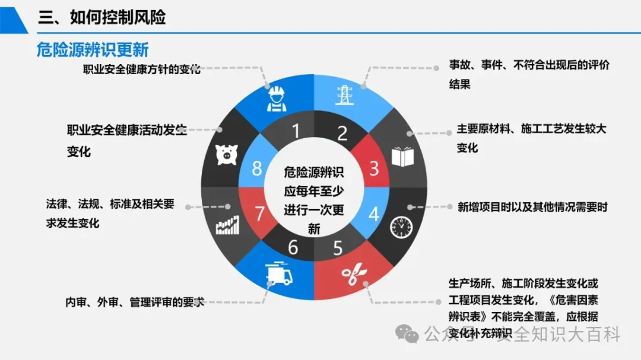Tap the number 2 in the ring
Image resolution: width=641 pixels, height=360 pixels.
[342, 133]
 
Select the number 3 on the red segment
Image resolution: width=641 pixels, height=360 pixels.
[374, 169]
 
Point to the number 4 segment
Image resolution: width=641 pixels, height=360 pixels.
[374, 214]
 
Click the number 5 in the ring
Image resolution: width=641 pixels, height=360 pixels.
[338, 248]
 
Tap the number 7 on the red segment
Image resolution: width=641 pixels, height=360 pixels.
[259, 214]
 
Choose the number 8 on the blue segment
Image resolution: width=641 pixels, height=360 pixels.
[257, 169]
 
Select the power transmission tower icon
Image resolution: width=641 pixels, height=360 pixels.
[344, 94]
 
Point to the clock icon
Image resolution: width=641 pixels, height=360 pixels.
[401, 225]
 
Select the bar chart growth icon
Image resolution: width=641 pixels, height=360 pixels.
[227, 225]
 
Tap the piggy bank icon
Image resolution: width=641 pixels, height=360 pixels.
[226, 154]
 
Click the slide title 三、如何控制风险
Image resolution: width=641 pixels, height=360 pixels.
[102, 18]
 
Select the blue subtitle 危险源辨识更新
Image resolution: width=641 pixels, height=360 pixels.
[93, 50]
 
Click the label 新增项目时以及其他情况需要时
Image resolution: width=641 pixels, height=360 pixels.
[532, 207]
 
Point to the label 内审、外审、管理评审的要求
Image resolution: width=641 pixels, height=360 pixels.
[135, 302]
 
